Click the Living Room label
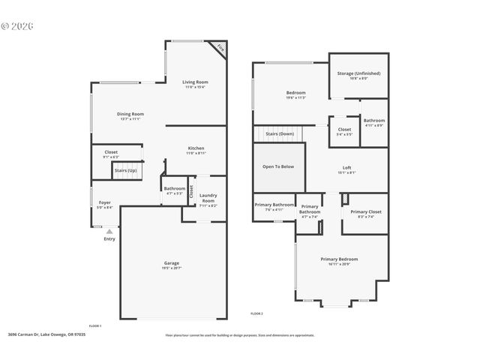(196, 82)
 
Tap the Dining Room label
(130, 114)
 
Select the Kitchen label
(196, 148)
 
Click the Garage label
(172, 263)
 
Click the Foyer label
(104, 202)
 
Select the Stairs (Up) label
(125, 170)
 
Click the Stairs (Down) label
(280, 133)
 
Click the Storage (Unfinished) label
(358, 73)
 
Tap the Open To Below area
(277, 166)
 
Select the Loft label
(347, 167)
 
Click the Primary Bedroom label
(339, 259)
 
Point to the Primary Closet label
(365, 211)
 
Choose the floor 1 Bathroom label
(175, 188)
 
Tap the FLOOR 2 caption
(256, 313)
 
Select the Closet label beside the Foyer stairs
(111, 152)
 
